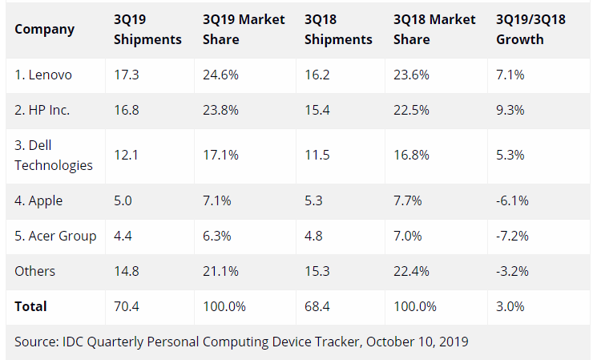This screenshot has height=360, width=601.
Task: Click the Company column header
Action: pos(44,30)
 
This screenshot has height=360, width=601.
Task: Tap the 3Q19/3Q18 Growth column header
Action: pos(531,30)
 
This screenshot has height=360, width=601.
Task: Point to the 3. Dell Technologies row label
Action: pos(53,156)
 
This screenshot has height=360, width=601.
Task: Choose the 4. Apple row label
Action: pos(38,200)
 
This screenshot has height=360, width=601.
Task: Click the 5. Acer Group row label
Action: pos(55,236)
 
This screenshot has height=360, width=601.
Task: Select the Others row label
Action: pos(35,271)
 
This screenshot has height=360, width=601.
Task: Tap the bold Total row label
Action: pos(30,306)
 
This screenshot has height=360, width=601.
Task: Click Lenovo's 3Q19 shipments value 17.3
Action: pos(127,75)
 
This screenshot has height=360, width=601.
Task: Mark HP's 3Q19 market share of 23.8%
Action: pos(220,110)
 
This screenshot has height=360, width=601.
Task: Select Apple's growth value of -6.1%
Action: pos(513,200)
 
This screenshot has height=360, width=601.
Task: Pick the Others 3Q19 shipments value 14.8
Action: pos(127,271)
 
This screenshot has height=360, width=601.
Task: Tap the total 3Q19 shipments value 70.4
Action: pos(127,306)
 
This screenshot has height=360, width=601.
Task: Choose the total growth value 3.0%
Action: pos(510,306)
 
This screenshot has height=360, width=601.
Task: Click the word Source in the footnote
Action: pos(35,342)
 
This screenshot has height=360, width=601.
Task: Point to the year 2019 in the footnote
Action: pos(452,342)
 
